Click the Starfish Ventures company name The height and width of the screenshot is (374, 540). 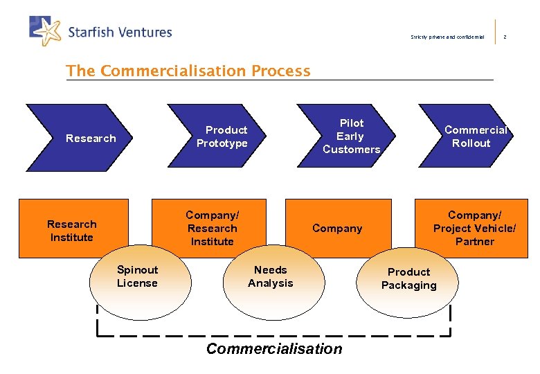click(120, 32)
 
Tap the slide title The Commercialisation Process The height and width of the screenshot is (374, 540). click(188, 71)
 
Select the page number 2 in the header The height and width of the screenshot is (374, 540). click(505, 37)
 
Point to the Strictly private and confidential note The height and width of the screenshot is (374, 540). click(447, 37)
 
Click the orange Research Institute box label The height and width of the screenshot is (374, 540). click(71, 231)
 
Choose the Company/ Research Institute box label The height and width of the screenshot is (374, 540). click(212, 228)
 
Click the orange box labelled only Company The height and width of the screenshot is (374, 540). click(337, 229)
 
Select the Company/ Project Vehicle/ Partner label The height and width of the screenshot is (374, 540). click(474, 228)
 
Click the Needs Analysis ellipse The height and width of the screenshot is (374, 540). click(270, 280)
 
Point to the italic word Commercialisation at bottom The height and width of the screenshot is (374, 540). click(274, 348)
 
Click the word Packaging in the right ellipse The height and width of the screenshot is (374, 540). click(408, 285)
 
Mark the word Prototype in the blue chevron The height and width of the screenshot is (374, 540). click(222, 143)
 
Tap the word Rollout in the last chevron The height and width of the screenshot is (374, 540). click(471, 143)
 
